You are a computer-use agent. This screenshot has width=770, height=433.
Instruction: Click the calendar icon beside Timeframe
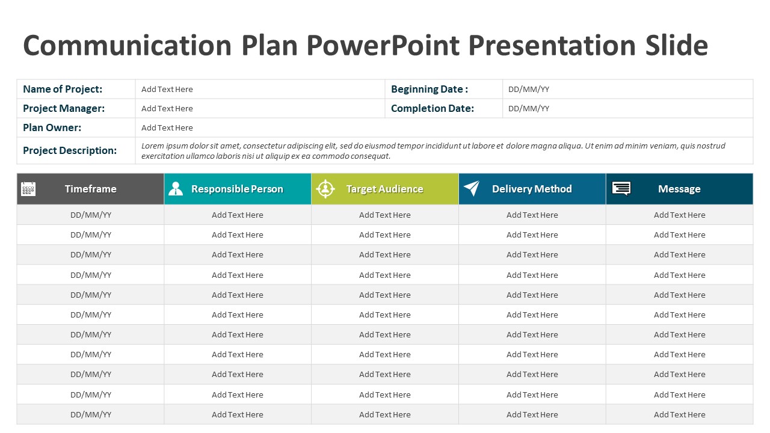pos(28,189)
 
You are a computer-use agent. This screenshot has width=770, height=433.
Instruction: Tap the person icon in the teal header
pos(176,189)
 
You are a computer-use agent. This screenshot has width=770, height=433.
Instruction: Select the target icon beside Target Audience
pos(325,189)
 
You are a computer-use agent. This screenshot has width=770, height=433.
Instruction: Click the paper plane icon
pos(472,188)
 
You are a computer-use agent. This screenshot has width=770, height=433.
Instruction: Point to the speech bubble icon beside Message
pos(621,189)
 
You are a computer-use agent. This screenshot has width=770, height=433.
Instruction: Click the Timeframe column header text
pos(91,189)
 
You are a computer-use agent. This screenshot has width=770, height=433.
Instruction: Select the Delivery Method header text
pos(532,189)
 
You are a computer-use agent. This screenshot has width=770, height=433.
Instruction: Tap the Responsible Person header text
pos(237,189)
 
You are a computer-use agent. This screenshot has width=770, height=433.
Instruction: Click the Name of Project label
pos(63,89)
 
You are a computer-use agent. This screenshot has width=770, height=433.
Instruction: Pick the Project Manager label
pos(64,108)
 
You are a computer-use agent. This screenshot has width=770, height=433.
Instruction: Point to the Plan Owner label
pos(52,127)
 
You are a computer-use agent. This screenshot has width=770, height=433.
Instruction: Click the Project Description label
pos(70,150)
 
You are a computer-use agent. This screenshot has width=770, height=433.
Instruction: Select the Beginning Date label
pos(430,89)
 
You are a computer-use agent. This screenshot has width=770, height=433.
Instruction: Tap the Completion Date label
pos(433,108)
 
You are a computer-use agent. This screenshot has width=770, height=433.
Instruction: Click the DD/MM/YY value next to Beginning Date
pos(529,89)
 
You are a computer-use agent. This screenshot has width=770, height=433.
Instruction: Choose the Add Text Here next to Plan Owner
pos(167,127)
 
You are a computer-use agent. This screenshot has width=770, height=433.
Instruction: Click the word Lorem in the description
pos(152,146)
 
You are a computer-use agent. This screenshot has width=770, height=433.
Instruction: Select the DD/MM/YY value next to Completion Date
pos(529,108)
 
